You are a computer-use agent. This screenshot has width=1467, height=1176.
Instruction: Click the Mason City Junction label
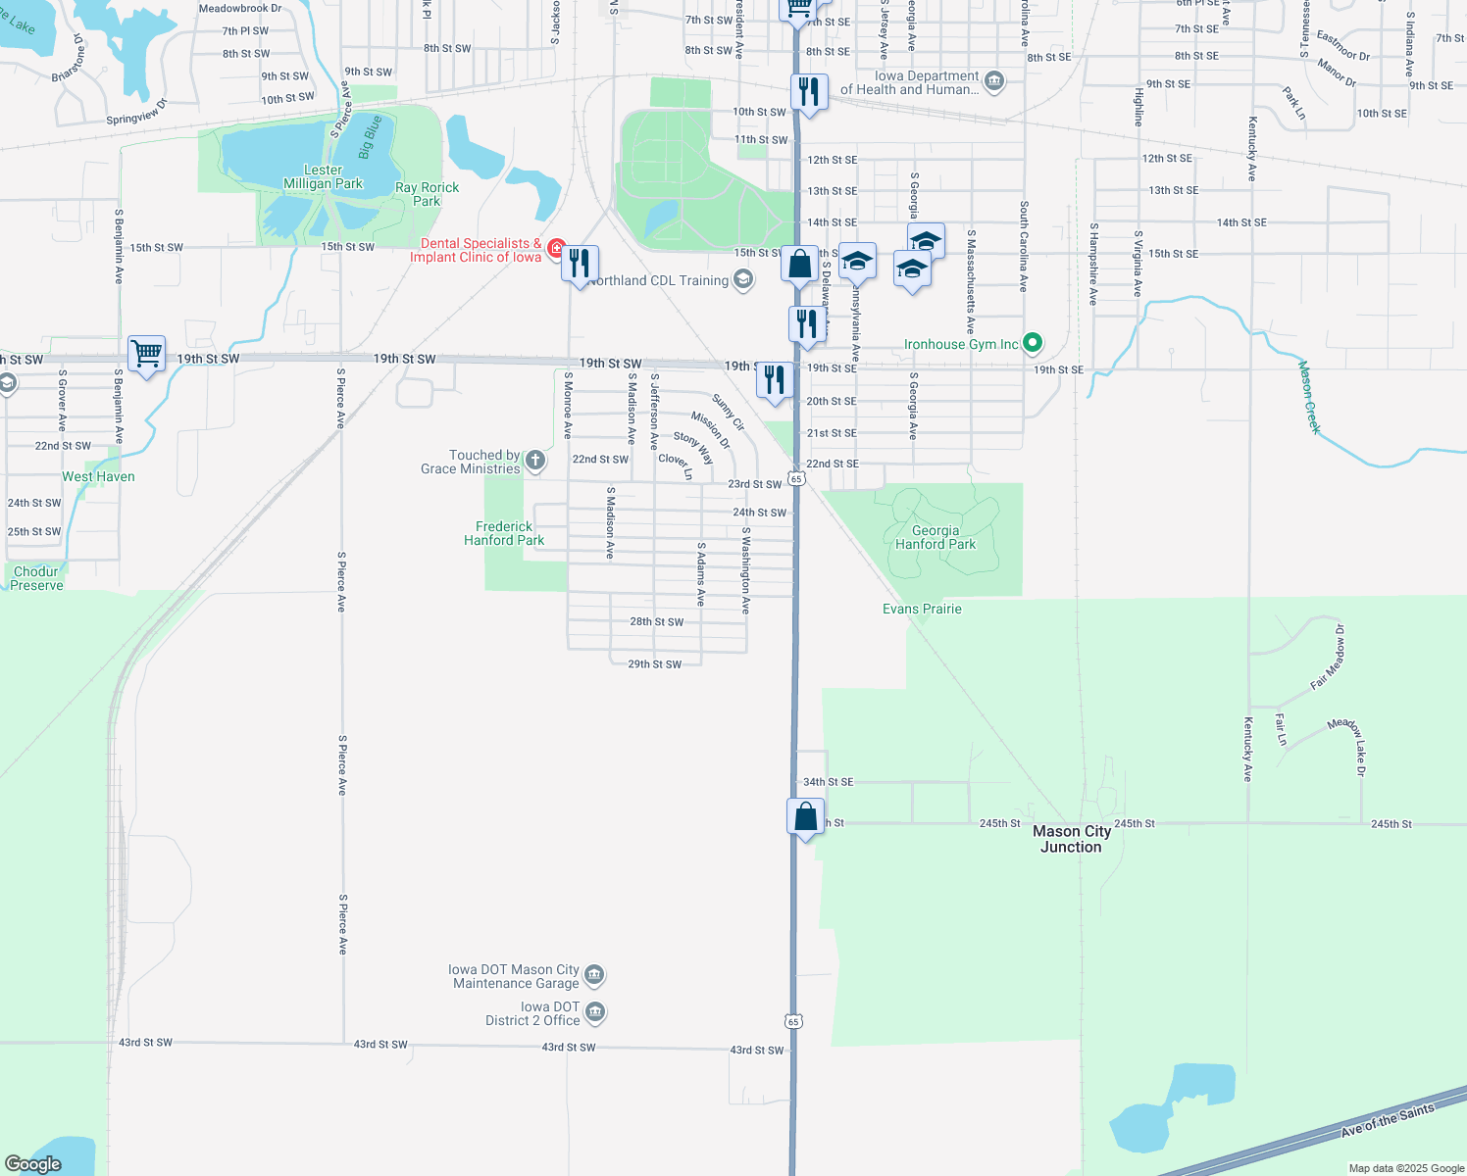(1071, 839)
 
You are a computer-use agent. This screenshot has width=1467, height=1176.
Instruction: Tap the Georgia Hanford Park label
(935, 537)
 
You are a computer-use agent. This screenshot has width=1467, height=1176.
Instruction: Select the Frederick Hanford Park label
(504, 533)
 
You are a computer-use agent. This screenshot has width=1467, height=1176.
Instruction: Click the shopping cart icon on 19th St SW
(146, 353)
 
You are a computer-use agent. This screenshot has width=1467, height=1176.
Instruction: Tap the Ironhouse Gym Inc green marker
(1032, 343)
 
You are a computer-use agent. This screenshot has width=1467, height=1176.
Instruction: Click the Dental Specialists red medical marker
(556, 249)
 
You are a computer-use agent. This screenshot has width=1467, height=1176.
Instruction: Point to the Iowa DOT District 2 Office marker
(594, 1012)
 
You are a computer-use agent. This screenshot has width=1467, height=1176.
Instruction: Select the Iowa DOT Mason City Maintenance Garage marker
(594, 975)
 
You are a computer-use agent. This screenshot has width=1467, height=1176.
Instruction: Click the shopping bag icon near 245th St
(805, 816)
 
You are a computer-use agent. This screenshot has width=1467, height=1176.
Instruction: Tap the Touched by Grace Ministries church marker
(534, 460)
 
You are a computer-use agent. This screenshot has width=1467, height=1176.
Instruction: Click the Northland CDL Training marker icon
(743, 280)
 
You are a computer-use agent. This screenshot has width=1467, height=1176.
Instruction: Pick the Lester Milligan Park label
(323, 176)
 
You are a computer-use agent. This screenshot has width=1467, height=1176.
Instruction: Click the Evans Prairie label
(922, 609)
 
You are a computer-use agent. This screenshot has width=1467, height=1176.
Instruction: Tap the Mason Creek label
(1309, 397)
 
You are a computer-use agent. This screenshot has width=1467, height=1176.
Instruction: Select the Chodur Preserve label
(36, 578)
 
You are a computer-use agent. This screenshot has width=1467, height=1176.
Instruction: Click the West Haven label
(98, 476)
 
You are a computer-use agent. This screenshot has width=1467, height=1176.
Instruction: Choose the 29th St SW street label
(654, 664)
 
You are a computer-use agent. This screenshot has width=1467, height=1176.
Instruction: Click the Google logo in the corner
(33, 1163)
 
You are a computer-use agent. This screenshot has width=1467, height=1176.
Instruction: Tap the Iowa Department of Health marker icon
(993, 80)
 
